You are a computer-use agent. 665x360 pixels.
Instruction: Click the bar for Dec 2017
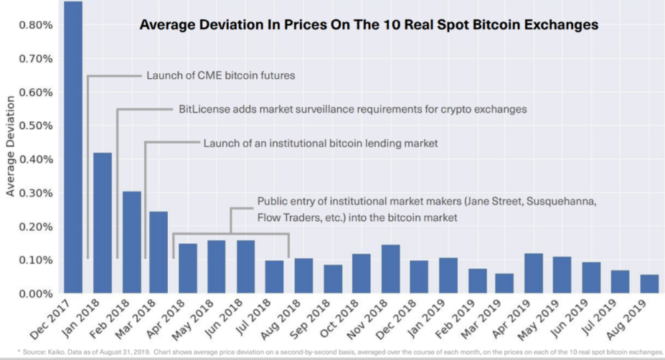(x=73, y=147)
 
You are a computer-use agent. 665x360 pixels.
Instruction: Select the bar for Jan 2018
(x=103, y=223)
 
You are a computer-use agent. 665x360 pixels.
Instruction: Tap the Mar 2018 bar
(x=159, y=252)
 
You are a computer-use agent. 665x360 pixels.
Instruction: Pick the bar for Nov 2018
(x=390, y=269)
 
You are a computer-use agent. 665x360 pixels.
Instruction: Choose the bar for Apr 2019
(x=534, y=273)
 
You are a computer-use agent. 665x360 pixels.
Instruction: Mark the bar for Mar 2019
(x=504, y=283)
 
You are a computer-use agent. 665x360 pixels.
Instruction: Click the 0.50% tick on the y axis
(x=36, y=126)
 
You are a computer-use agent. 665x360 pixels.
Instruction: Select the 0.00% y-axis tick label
(x=36, y=294)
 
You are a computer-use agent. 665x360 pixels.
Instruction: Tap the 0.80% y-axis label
(x=36, y=25)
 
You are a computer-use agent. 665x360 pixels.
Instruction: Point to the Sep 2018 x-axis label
(x=310, y=319)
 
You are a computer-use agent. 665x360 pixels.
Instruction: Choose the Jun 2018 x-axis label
(x=224, y=319)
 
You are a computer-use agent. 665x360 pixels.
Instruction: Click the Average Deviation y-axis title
(x=10, y=146)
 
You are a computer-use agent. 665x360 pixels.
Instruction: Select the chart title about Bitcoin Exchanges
(x=369, y=24)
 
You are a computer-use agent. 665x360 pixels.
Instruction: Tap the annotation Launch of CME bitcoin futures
(x=220, y=75)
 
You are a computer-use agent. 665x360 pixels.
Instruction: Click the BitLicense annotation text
(x=352, y=110)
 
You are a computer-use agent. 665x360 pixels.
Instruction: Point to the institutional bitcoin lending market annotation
(x=321, y=143)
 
